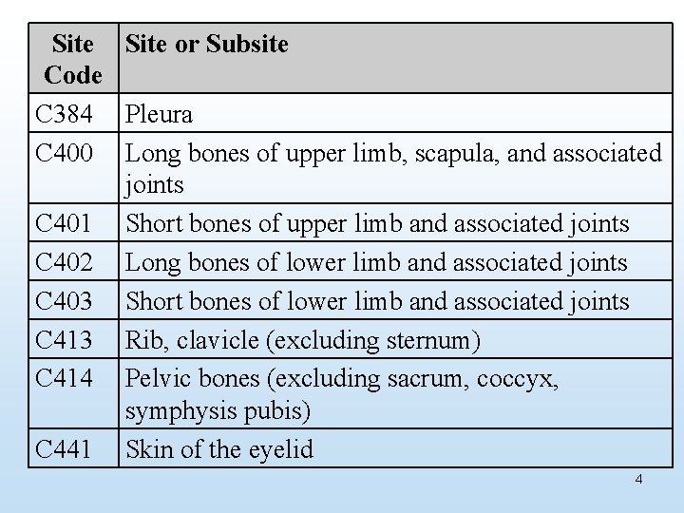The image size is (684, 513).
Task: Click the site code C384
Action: coord(64,115)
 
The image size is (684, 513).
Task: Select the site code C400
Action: coord(64,153)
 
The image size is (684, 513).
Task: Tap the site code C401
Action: coord(64,224)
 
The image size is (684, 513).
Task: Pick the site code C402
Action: coord(64,263)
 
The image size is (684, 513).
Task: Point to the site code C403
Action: coord(64,301)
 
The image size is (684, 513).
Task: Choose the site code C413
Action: coord(64,340)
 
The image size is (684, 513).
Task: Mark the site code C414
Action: coord(64,378)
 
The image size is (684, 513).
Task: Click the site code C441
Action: coord(64,448)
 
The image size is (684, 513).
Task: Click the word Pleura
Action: coord(159,115)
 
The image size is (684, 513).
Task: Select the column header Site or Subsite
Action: coord(206,44)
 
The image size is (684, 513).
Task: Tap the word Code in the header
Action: coord(73,74)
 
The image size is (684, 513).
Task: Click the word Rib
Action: coord(143,340)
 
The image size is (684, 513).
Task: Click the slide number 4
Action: coord(638,479)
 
